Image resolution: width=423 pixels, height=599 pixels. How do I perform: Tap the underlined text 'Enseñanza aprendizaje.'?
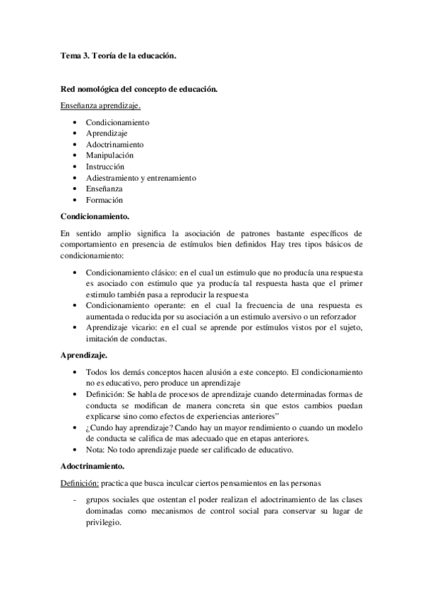[x=100, y=106]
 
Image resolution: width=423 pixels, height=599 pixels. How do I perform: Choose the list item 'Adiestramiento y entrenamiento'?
[x=141, y=177]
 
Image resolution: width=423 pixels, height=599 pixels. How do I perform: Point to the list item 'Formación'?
[x=104, y=200]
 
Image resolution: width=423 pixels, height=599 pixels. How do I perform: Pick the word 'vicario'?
[x=135, y=328]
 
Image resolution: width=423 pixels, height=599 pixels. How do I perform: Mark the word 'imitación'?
[x=102, y=339]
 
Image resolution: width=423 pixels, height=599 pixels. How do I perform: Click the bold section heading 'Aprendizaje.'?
[x=84, y=354]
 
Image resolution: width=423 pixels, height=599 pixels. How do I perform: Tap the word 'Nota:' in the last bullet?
[x=96, y=450]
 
